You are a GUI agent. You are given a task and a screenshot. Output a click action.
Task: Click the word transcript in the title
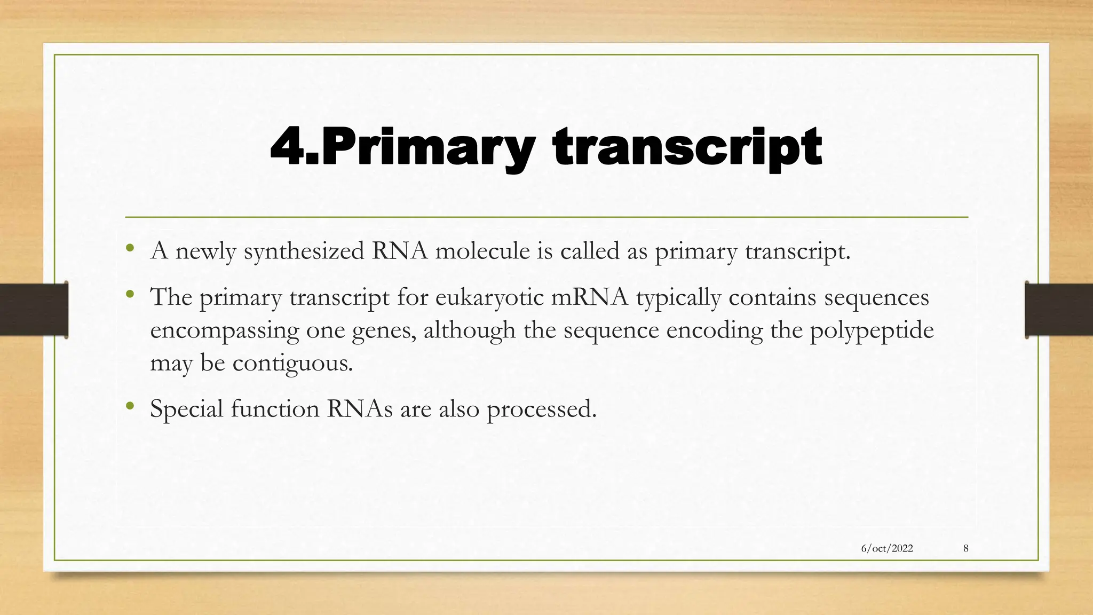click(x=687, y=148)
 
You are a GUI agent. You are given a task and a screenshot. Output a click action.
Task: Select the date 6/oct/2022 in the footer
click(x=887, y=548)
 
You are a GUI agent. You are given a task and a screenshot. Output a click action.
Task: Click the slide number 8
click(x=966, y=548)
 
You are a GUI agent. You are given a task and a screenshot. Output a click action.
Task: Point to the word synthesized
click(x=304, y=251)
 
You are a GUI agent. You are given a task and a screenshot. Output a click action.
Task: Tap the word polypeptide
click(x=872, y=330)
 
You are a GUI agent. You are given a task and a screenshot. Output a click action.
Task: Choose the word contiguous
click(x=292, y=364)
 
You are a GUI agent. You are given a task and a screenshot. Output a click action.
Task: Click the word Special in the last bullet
click(x=186, y=409)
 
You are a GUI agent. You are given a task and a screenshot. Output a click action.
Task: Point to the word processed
click(x=541, y=409)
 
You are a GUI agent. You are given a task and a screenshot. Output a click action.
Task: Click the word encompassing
click(x=224, y=330)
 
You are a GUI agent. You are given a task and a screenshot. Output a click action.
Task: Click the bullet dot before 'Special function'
click(x=129, y=407)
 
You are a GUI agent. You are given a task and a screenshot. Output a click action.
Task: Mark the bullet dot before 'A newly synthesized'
click(x=129, y=249)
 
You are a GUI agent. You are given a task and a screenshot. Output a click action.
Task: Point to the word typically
click(x=678, y=297)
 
